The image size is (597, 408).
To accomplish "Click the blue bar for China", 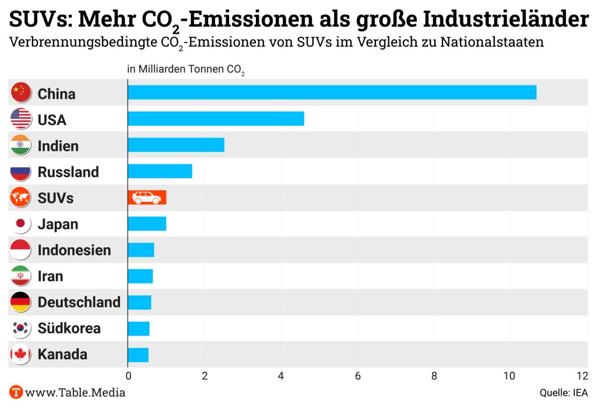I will [332, 93].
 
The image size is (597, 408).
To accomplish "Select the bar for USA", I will [216, 119].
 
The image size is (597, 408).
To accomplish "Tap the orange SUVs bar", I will [147, 198].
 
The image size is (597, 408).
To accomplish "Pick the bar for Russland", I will [160, 172].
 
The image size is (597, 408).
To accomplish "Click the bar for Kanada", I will [138, 354].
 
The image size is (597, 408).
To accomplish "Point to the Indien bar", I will [176, 145].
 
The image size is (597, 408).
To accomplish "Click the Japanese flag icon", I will [21, 224].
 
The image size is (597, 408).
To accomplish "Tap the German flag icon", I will [21, 302].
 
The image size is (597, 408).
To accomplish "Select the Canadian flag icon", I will [21, 354].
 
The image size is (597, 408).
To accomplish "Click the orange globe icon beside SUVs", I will [21, 198].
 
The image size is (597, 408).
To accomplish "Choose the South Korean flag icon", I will [21, 328].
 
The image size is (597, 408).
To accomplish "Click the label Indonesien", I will [74, 250].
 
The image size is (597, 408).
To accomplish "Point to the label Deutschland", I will [79, 302].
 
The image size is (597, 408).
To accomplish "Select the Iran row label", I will [50, 276].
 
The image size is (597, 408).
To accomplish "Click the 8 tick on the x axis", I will [434, 376].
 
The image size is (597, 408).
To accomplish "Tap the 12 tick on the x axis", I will [582, 376].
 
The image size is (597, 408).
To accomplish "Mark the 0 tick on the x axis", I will [128, 376].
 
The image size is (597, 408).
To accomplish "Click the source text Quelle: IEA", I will [563, 393].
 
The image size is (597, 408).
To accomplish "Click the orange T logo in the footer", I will [16, 392].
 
